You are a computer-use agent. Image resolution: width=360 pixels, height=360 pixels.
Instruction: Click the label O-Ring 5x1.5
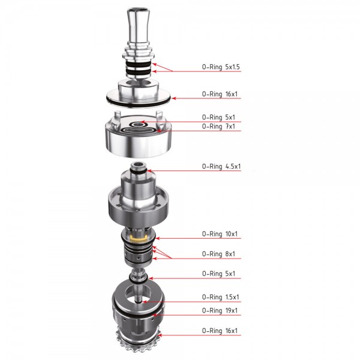coord(221,67)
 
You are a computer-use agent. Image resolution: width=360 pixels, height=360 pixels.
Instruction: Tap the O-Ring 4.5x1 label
coord(221,166)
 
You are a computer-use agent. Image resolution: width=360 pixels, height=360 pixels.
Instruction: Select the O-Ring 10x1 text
coord(220,234)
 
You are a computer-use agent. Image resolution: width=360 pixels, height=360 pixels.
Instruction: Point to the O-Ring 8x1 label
coord(218,254)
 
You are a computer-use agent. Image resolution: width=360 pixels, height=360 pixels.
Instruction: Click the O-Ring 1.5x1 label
coord(220,297)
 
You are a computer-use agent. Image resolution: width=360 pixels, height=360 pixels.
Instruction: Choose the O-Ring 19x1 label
coord(220,310)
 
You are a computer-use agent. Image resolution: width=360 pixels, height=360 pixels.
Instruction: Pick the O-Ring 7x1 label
coord(218,126)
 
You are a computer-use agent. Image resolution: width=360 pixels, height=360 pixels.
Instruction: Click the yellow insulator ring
coord(138,239)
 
